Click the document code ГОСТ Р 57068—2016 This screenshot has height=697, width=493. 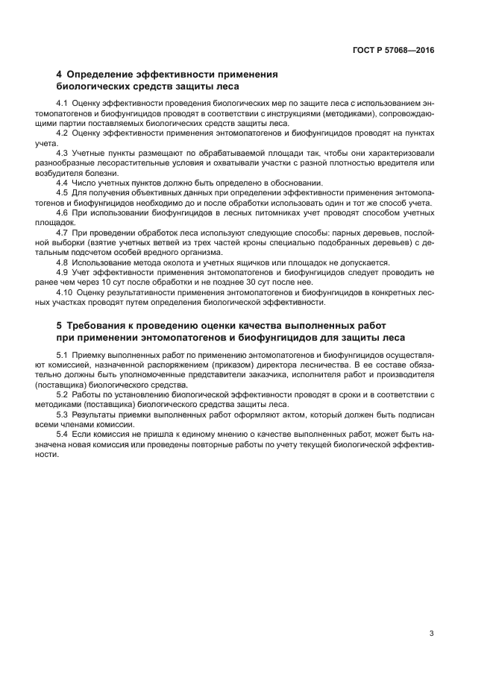(392, 50)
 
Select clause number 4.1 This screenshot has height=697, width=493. (63, 102)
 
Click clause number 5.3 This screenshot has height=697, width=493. (63, 413)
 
